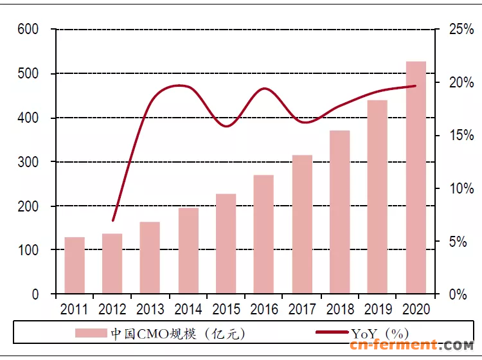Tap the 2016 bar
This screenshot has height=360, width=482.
[x=264, y=234]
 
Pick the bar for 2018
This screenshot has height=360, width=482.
[x=340, y=212]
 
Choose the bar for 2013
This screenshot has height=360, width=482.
[x=150, y=258]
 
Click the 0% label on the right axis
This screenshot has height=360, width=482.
[x=457, y=294]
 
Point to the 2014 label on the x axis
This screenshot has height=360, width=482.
[x=188, y=309]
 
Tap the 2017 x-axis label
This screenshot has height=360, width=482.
[x=302, y=309]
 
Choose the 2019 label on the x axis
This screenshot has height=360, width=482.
[x=378, y=309]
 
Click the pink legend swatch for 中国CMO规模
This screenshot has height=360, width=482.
[x=91, y=333]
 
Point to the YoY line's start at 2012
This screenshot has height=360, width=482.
[x=113, y=221]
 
